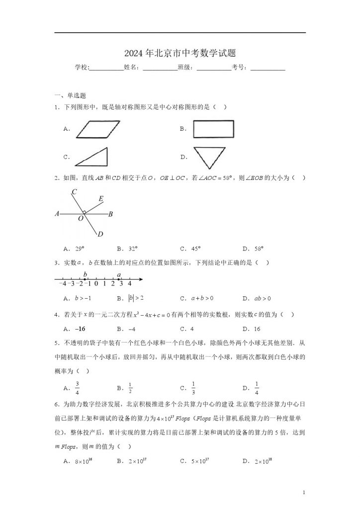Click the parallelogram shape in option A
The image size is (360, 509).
[100, 130]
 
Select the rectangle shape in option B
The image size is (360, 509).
[213, 129]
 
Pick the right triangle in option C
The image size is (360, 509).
[91, 157]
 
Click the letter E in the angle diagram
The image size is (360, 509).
[101, 199]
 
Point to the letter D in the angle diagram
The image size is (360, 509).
[100, 234]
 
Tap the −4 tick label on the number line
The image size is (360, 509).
[62, 284]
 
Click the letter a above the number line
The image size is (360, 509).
[119, 274]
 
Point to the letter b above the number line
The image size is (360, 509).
[86, 274]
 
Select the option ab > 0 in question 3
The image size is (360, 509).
[260, 298]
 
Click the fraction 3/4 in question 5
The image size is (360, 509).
[78, 388]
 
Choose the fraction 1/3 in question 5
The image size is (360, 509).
[193, 388]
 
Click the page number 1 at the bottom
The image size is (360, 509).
[304, 493]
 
